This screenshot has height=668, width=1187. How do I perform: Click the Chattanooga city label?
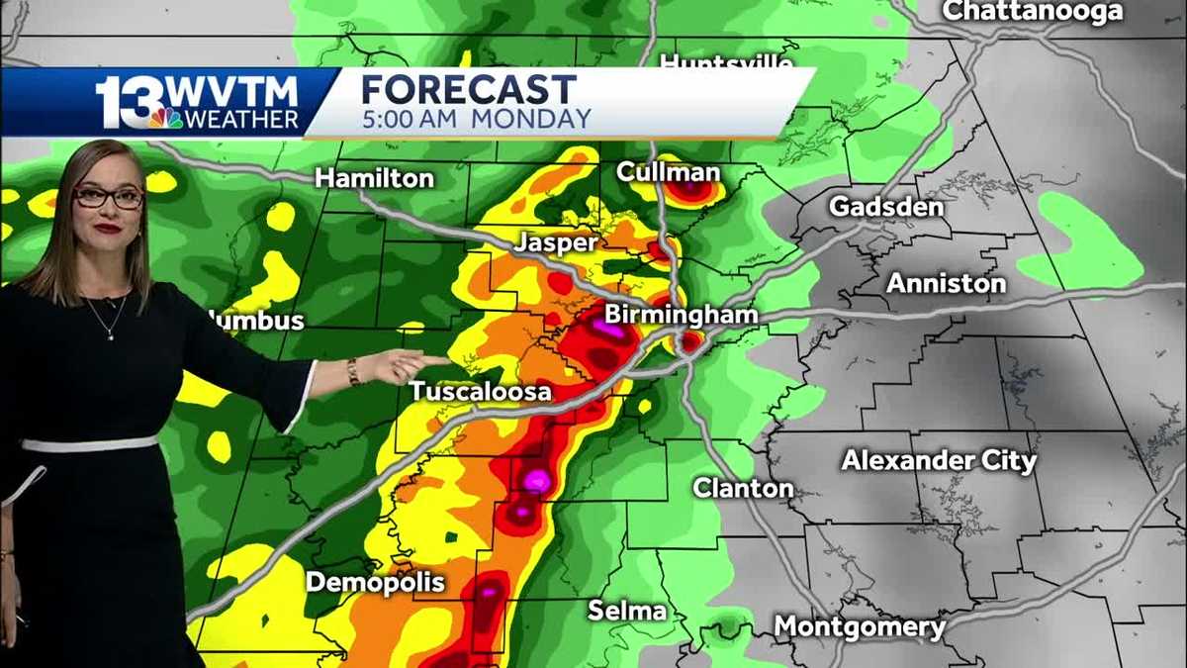(x=1032, y=12)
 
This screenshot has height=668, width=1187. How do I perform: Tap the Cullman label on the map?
(x=668, y=172)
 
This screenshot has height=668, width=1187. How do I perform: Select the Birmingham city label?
(x=682, y=316)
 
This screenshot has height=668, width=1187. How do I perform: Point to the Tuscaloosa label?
(x=481, y=392)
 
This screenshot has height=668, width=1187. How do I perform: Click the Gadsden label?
(x=886, y=207)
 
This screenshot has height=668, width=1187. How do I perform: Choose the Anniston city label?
(x=946, y=283)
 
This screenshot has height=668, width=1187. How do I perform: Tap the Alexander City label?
(x=939, y=461)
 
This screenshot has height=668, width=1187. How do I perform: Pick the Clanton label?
(x=743, y=488)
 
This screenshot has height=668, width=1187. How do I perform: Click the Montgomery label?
(x=860, y=626)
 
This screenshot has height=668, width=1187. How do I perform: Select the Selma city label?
(x=627, y=611)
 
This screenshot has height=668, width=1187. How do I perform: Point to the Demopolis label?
(x=375, y=582)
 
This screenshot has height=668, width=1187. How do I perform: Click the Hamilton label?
(x=375, y=179)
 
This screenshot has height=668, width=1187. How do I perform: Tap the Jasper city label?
(x=555, y=243)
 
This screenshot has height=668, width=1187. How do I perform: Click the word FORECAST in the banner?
(x=468, y=90)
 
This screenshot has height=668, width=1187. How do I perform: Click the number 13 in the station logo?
(x=123, y=103)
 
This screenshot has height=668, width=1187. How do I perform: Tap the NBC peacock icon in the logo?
(x=165, y=119)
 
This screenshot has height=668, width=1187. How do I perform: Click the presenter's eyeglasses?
(x=109, y=197)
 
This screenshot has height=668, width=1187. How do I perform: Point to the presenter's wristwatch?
(x=353, y=371)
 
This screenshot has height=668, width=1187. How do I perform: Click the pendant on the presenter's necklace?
(x=110, y=335)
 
